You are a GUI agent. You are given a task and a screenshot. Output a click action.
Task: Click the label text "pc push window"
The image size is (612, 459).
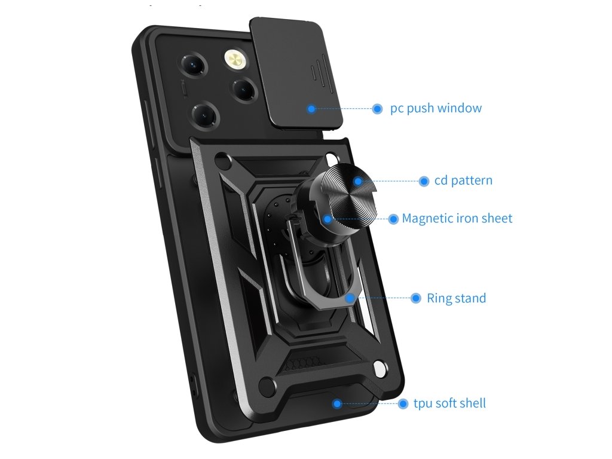pyautogui.click(x=436, y=109)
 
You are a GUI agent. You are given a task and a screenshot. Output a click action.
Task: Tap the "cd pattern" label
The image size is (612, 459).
pyautogui.click(x=463, y=180)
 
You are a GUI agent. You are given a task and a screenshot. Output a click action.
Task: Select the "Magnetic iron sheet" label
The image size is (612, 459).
pyautogui.click(x=457, y=219)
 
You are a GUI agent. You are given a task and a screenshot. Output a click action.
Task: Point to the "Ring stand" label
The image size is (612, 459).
pyautogui.click(x=456, y=298)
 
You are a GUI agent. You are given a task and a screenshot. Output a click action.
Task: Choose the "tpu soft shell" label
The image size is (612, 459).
pyautogui.click(x=449, y=403)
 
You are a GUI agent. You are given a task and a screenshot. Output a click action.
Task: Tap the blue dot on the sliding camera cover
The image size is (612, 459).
pyautogui.click(x=311, y=109)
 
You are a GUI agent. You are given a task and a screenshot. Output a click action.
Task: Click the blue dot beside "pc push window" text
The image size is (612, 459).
pyautogui.click(x=377, y=109)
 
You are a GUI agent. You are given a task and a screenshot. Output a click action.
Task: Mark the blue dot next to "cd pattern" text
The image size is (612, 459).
pyautogui.click(x=424, y=181)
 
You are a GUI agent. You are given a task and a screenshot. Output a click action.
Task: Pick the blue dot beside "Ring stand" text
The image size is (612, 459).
pyautogui.click(x=416, y=298)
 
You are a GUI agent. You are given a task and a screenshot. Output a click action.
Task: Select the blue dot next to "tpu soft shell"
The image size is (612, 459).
pyautogui.click(x=403, y=403)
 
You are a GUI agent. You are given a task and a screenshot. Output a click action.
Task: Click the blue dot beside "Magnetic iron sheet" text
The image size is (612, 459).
pyautogui.click(x=393, y=219)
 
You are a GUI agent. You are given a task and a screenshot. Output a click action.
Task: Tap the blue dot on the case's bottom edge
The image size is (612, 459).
pyautogui.click(x=337, y=404)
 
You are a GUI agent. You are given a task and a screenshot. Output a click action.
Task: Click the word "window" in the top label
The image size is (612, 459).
pyautogui.click(x=459, y=109)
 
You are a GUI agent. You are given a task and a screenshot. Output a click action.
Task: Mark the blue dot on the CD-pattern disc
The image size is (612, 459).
pyautogui.click(x=357, y=181)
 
